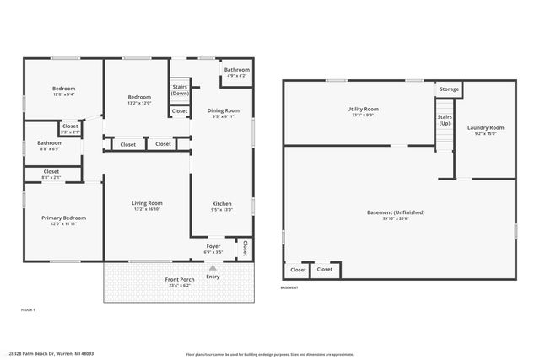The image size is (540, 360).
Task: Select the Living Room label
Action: (147, 203)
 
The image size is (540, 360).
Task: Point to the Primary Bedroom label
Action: (64, 218)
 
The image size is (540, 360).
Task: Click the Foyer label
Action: (213, 246)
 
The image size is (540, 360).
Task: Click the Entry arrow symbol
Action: (212, 268)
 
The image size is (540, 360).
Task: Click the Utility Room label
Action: (362, 109)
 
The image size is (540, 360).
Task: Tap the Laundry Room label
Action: (485, 128)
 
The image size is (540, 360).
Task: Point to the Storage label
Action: (449, 89)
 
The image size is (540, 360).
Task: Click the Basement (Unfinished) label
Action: (396, 212)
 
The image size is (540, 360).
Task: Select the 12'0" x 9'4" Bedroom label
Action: (64, 89)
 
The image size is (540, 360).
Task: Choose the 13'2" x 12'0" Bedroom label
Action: (139, 98)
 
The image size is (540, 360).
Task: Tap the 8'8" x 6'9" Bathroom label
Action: (50, 143)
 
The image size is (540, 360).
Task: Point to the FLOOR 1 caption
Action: (28, 310)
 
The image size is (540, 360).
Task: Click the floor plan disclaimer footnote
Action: (269, 354)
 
